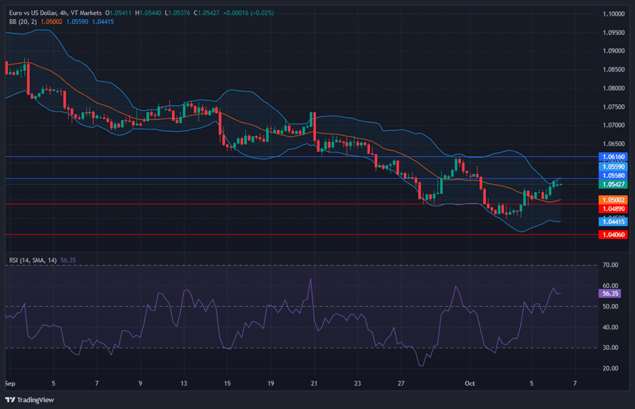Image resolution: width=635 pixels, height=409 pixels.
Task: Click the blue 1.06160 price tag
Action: (x=613, y=157)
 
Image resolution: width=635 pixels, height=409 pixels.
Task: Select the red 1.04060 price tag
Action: (x=613, y=235)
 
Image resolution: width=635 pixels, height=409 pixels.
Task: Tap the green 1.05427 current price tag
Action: (x=613, y=185)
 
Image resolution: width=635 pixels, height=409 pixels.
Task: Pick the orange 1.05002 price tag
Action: (x=613, y=200)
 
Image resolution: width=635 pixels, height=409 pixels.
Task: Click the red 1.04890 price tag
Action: (x=613, y=209)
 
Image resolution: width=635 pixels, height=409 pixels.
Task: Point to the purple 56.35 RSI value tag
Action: (x=610, y=294)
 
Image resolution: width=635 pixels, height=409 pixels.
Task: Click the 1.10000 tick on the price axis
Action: (x=614, y=14)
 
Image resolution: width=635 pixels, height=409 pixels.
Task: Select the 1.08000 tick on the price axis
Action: (x=614, y=89)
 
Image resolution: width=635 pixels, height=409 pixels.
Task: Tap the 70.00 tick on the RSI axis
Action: (x=610, y=265)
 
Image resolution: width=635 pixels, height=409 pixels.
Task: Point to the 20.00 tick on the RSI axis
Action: (x=610, y=369)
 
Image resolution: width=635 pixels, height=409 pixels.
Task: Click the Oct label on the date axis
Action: (x=470, y=384)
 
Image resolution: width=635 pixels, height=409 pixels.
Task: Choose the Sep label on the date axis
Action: (x=10, y=384)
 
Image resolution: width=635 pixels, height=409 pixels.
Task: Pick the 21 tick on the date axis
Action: (x=314, y=384)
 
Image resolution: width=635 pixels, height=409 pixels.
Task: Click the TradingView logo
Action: (x=29, y=400)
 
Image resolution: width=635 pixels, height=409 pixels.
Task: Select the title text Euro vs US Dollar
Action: (x=33, y=13)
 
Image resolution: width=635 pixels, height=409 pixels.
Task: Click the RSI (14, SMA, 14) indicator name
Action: (x=33, y=261)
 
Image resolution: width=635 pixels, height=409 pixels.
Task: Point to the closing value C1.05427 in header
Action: (x=206, y=13)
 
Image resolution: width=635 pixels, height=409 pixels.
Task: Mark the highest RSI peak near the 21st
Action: (x=311, y=279)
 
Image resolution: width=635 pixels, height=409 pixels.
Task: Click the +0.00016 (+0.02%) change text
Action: (x=248, y=13)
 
